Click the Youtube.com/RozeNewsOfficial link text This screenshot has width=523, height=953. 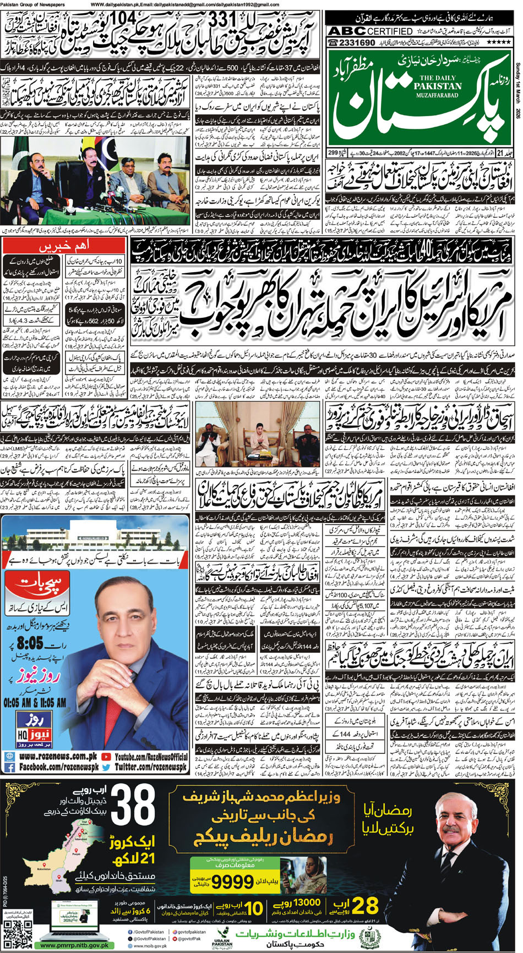151,756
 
